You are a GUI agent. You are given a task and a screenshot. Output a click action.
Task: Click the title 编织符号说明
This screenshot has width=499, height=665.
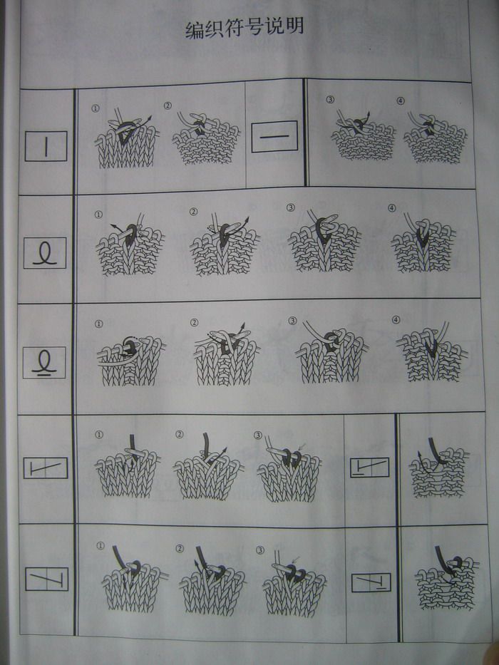[x=245, y=29]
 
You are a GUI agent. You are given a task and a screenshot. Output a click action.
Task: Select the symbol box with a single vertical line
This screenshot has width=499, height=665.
[x=46, y=146]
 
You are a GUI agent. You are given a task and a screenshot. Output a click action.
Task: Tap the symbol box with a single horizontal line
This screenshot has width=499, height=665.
[x=274, y=137]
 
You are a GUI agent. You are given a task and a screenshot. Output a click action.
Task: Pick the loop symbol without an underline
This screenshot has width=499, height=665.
[x=44, y=253]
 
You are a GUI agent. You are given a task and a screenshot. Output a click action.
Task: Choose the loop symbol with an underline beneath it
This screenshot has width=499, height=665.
[x=44, y=363]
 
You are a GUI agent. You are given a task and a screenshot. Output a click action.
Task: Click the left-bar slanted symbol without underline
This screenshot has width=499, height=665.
[x=46, y=468]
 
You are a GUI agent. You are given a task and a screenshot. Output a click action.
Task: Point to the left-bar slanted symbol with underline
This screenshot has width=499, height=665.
[x=369, y=468]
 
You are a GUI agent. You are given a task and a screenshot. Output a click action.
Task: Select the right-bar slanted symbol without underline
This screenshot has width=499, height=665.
[x=46, y=579]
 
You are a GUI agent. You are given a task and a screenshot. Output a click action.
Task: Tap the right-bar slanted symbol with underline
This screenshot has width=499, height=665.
[x=371, y=582]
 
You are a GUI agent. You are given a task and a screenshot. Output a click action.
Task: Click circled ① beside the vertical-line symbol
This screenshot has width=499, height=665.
[x=96, y=108]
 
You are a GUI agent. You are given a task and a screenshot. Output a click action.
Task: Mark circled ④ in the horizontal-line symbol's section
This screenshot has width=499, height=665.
[x=401, y=100]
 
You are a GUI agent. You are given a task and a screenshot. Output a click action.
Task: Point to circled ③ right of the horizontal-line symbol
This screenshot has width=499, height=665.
[x=330, y=100]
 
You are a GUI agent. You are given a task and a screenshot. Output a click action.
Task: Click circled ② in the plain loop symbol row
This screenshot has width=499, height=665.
[x=193, y=211]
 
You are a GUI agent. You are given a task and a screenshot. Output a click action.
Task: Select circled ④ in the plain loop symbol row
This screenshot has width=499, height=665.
[x=391, y=208]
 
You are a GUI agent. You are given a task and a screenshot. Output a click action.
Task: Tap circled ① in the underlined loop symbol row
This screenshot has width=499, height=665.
[x=98, y=324]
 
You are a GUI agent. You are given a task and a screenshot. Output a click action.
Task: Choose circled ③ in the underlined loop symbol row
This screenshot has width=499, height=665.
[x=292, y=321]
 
